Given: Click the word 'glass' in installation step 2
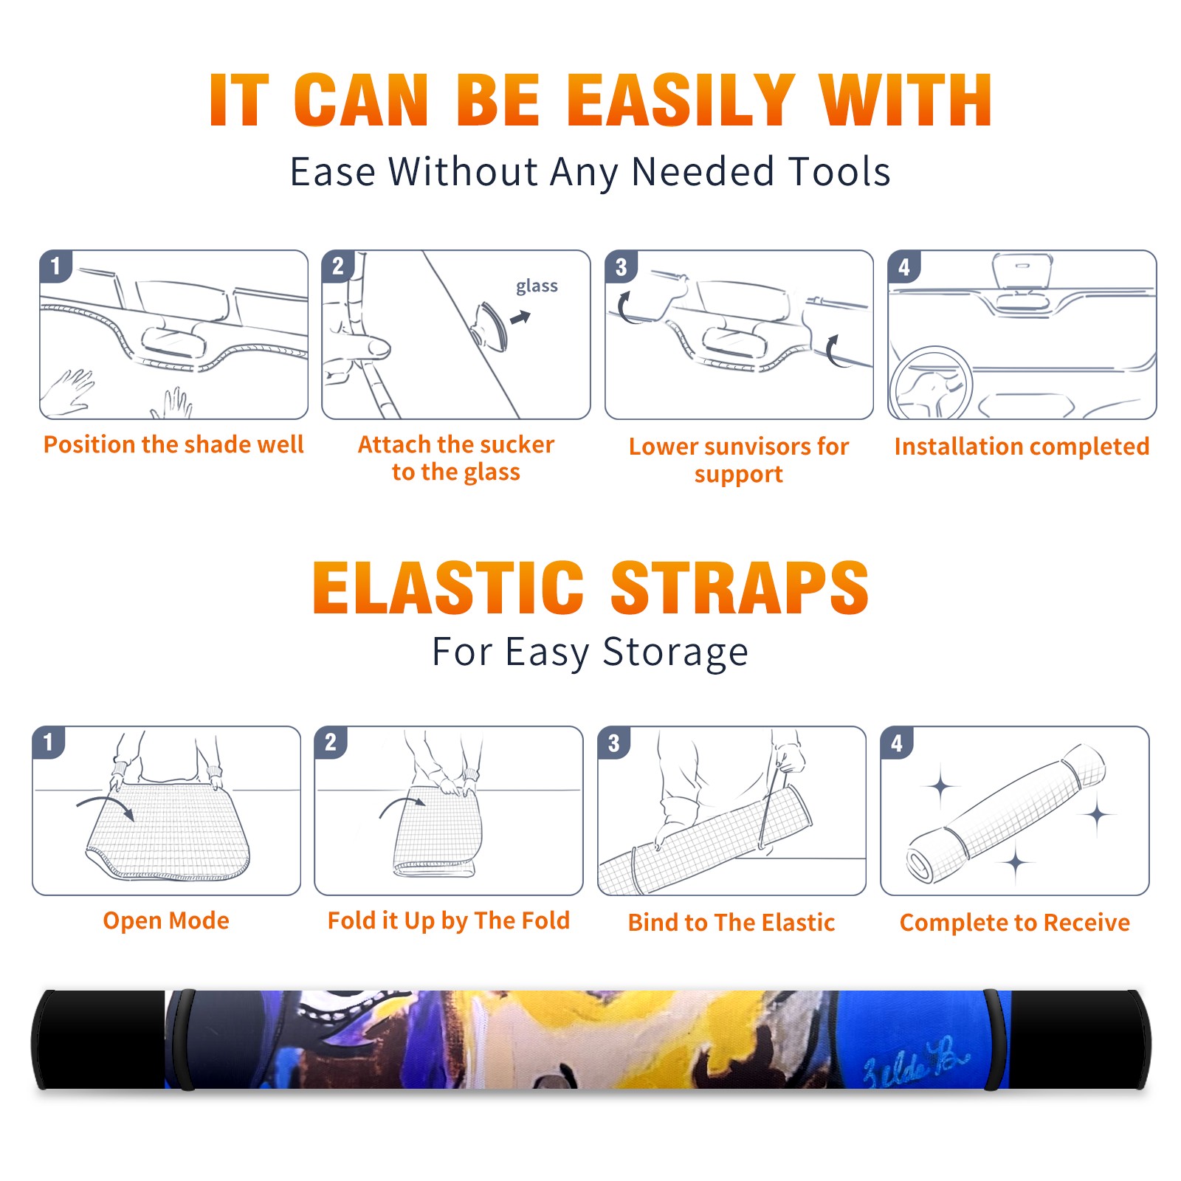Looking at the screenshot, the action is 537,286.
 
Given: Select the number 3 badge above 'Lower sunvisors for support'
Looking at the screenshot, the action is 621,266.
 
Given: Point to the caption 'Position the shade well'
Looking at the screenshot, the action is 173,444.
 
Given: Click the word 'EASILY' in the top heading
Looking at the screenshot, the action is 681,100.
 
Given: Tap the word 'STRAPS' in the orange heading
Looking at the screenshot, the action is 740,588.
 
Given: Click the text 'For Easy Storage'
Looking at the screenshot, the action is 590,653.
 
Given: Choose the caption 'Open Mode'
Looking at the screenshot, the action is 166,920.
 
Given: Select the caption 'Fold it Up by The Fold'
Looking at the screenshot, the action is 449,920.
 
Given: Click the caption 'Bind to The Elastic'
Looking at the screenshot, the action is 731,923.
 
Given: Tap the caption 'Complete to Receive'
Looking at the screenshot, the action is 1015,923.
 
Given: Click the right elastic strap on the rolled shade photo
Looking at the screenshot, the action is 996,1040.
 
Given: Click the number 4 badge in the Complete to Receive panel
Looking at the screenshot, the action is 897,743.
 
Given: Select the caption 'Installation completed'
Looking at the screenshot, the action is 1022,447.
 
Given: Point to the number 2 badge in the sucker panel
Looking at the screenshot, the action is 338,266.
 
